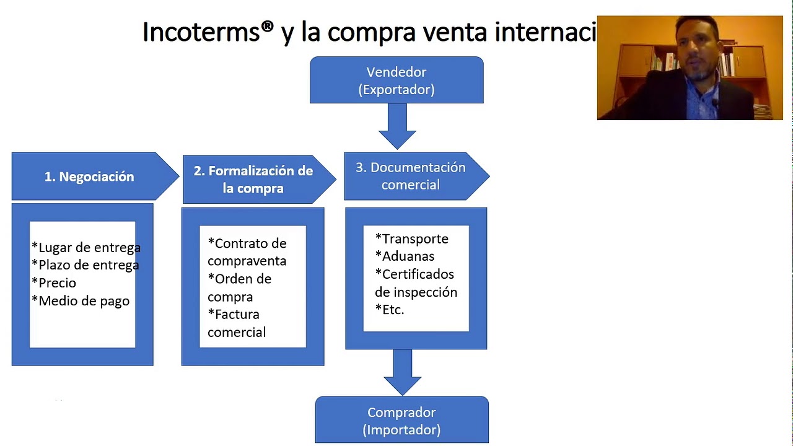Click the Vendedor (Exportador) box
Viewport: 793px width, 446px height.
pos(396,81)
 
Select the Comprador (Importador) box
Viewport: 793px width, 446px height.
pos(401,421)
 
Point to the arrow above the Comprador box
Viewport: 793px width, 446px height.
pos(403,372)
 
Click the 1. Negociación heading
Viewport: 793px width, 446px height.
pos(89,177)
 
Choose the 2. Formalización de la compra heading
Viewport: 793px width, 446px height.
pos(253,179)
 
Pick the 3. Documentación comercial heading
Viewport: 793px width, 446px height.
pos(410,176)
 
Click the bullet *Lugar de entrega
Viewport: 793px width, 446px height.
pos(86,248)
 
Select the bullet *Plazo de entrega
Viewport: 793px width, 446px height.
pos(85,265)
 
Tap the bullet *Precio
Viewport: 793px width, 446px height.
pos(54,283)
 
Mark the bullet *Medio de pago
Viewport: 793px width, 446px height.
pos(81,301)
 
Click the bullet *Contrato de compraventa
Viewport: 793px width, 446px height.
pos(247,252)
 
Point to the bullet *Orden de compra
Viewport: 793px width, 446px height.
pos(239,287)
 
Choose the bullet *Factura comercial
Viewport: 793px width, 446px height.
pos(236,323)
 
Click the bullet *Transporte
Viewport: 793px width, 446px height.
pos(411,239)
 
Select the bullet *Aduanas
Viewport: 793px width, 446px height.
pos(405,256)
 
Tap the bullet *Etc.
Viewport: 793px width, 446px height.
pos(390,310)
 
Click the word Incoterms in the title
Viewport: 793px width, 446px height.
pos(201,32)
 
